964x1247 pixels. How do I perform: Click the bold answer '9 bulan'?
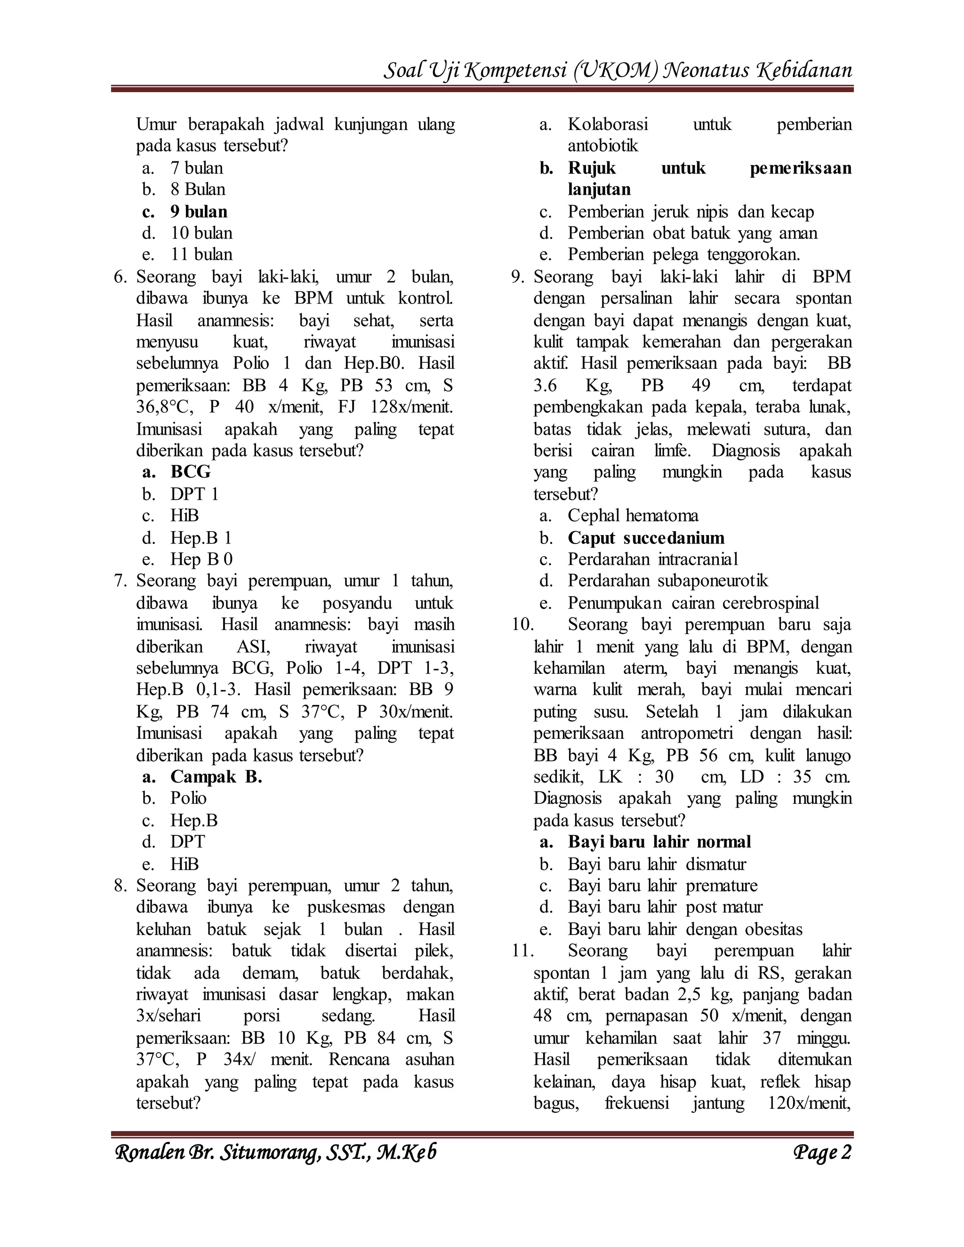click(198, 212)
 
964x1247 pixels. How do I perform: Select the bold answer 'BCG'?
click(190, 472)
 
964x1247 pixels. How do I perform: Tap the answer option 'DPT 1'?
click(194, 494)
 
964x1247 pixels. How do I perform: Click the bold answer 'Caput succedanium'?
click(645, 538)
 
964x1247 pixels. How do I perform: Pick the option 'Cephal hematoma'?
click(633, 516)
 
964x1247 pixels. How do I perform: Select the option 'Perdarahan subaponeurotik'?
click(667, 581)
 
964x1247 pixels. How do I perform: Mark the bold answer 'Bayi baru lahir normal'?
click(659, 842)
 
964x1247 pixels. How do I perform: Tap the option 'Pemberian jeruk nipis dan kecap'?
click(691, 212)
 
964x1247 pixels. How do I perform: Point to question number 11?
click(522, 951)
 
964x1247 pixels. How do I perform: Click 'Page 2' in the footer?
click(822, 1152)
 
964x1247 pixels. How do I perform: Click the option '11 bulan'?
click(201, 254)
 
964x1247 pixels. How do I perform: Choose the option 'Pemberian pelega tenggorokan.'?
click(683, 254)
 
